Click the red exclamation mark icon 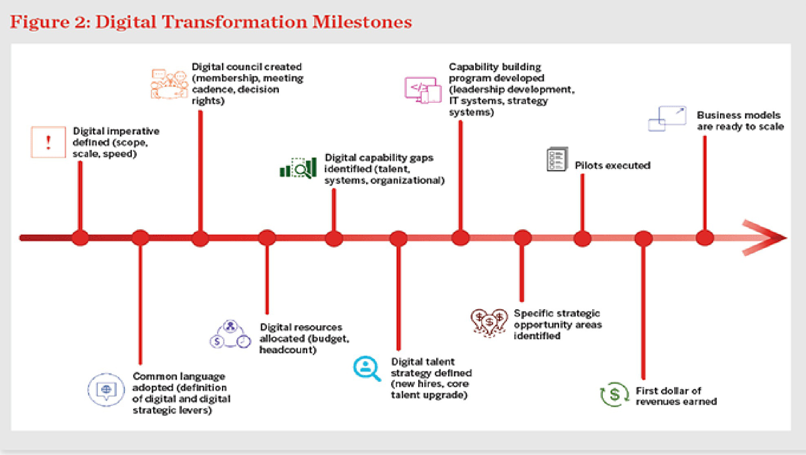(48, 142)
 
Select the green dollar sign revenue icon (614, 394)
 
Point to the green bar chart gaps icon (298, 168)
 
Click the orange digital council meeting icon (169, 84)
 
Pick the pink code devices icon (423, 90)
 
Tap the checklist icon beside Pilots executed (557, 159)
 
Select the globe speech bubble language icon (106, 389)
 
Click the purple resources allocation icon (230, 335)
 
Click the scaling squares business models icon (667, 118)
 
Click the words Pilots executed (612, 165)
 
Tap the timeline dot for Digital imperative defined (80, 238)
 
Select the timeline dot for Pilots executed (582, 238)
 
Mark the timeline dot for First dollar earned (643, 238)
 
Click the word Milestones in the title (362, 22)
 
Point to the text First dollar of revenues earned (676, 396)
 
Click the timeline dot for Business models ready (705, 238)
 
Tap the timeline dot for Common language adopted (140, 238)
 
